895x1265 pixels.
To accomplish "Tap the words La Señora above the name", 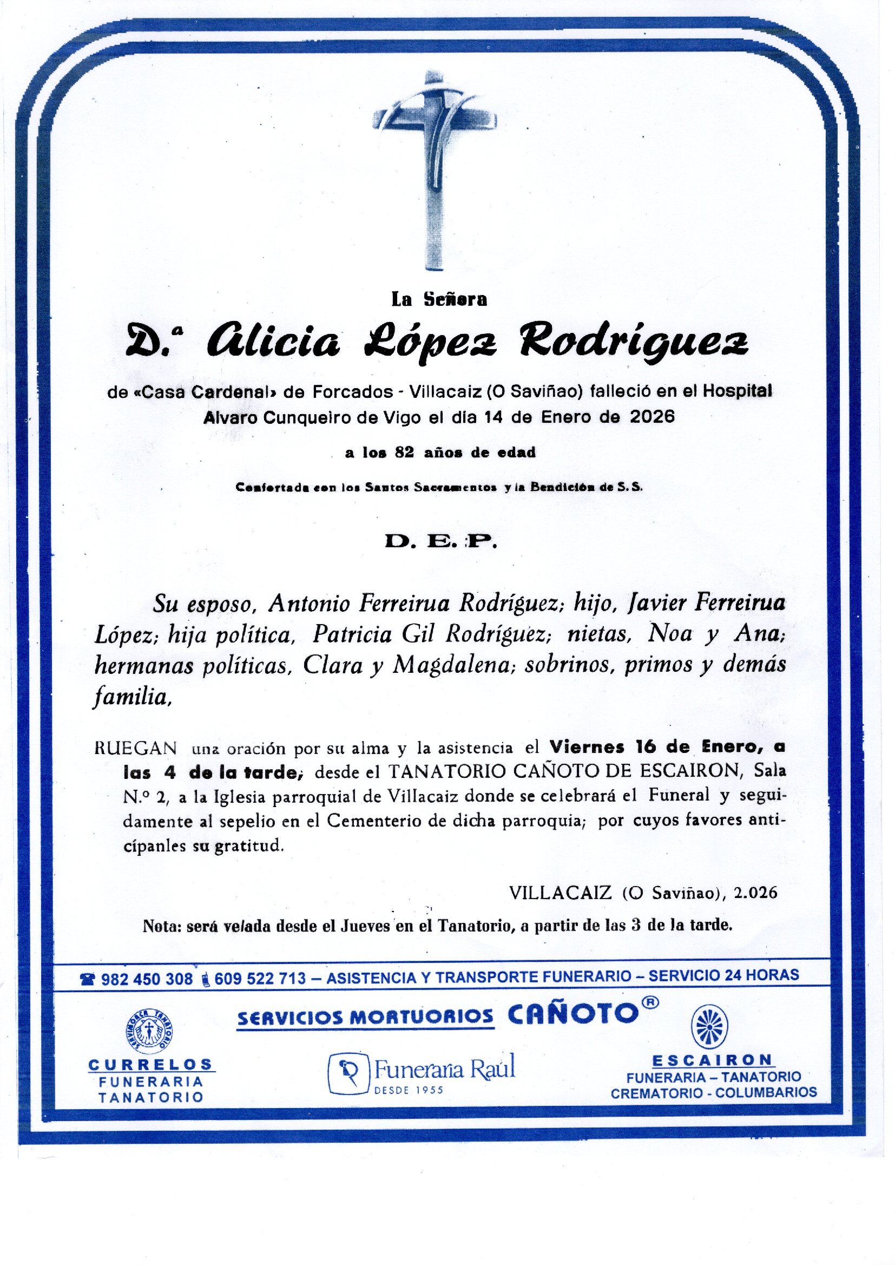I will pos(439,299).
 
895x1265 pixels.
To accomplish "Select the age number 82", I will pos(405,453).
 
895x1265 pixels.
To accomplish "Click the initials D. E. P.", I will pos(440,542).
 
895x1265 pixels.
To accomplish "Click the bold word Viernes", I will pos(587,748).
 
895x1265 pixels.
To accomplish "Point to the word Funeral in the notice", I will pos(679,795).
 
